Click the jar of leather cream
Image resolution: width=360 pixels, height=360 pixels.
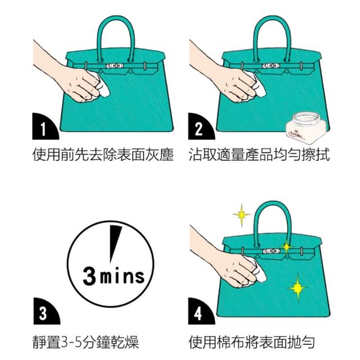click(305, 128)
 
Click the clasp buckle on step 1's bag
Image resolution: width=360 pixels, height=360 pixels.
click(115, 66)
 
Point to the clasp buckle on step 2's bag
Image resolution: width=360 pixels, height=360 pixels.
click(271, 66)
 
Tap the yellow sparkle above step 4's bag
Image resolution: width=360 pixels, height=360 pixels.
click(241, 215)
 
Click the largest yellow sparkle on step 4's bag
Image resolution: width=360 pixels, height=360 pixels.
click(298, 287)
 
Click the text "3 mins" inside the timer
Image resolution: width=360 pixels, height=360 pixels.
click(114, 276)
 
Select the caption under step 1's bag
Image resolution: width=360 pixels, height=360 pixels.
click(102, 155)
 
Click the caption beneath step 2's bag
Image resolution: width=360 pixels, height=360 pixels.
click(259, 155)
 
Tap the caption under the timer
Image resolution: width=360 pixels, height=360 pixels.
click(86, 342)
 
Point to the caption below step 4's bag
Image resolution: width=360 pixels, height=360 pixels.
click(252, 342)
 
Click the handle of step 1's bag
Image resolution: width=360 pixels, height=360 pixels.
click(115, 37)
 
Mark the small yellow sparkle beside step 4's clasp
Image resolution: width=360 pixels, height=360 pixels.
click(286, 247)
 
